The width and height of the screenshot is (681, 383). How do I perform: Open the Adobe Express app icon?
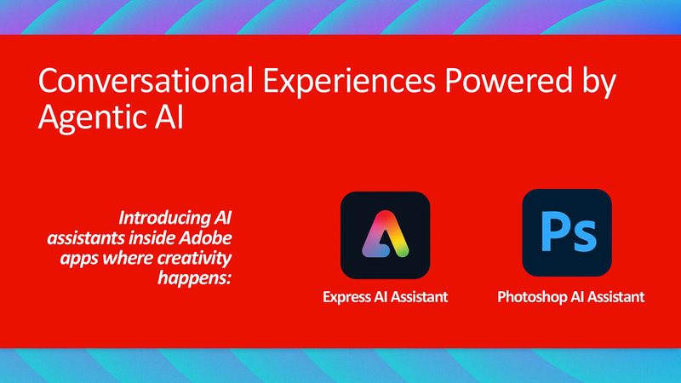click(x=385, y=236)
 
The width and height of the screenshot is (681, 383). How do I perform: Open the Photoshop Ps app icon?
click(x=566, y=232)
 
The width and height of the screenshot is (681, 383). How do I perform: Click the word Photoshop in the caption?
click(x=529, y=298)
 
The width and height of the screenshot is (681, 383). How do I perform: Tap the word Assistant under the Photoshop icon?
click(x=614, y=298)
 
